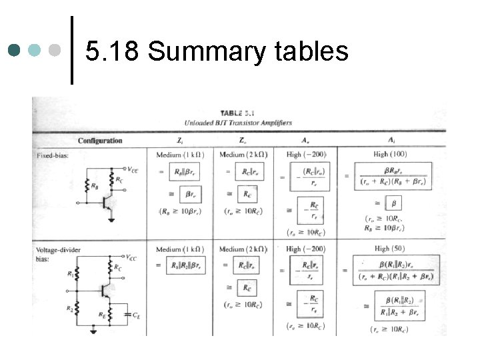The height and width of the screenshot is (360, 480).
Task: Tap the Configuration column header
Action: pos(100,141)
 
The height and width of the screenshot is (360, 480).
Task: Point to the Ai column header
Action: pos(389,141)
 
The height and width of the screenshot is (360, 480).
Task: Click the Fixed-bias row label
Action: pos(52,155)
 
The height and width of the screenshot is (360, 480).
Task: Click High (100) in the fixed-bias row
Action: pos(389,155)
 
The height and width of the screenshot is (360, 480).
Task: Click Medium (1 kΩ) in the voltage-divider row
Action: pos(180,249)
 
